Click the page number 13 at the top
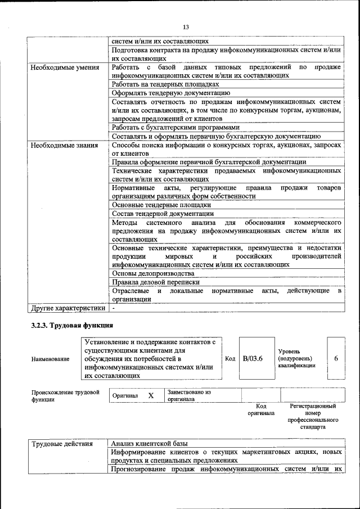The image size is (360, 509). pyautogui.click(x=186, y=27)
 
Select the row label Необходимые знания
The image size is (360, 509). pyautogui.click(x=61, y=145)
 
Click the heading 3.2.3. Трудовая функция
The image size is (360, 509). pyautogui.click(x=72, y=326)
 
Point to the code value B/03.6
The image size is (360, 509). pyautogui.click(x=253, y=359)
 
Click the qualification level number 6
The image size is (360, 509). pyautogui.click(x=336, y=359)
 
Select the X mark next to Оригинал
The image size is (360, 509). pyautogui.click(x=151, y=395)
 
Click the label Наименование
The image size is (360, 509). pyautogui.click(x=51, y=359)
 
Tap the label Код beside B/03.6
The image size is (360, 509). pyautogui.click(x=230, y=359)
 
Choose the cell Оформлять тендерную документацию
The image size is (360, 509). pyautogui.click(x=163, y=93)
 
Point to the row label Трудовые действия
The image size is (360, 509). pyautogui.click(x=62, y=443)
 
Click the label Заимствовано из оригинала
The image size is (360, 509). pyautogui.click(x=189, y=395)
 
